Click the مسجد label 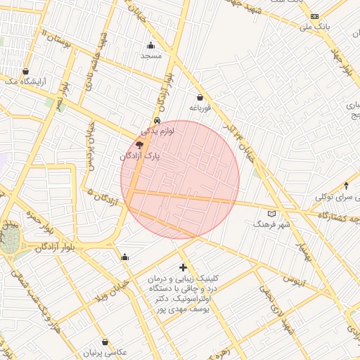click(x=151, y=55)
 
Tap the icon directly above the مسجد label click(x=150, y=45)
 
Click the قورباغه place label click(x=200, y=108)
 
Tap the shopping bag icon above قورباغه click(x=200, y=98)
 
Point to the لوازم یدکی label click(x=157, y=130)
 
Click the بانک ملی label click(x=314, y=27)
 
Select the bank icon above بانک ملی click(x=314, y=16)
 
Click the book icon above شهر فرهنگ click(x=272, y=214)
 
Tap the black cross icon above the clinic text click(x=184, y=267)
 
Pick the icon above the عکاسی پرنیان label click(x=105, y=342)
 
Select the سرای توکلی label click(x=333, y=197)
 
